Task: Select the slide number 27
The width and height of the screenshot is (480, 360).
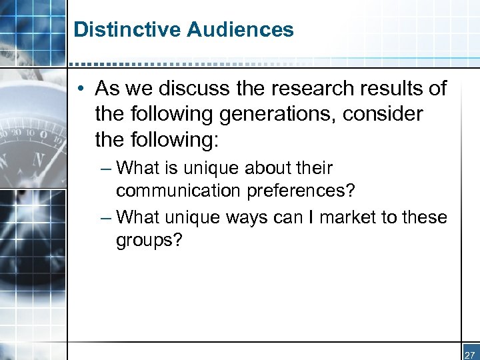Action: pyautogui.click(x=469, y=355)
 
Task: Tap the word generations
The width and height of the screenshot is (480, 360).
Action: pyautogui.click(x=272, y=114)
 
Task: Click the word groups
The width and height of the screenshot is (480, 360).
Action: pyautogui.click(x=144, y=240)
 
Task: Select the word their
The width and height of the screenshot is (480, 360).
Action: pyautogui.click(x=313, y=168)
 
